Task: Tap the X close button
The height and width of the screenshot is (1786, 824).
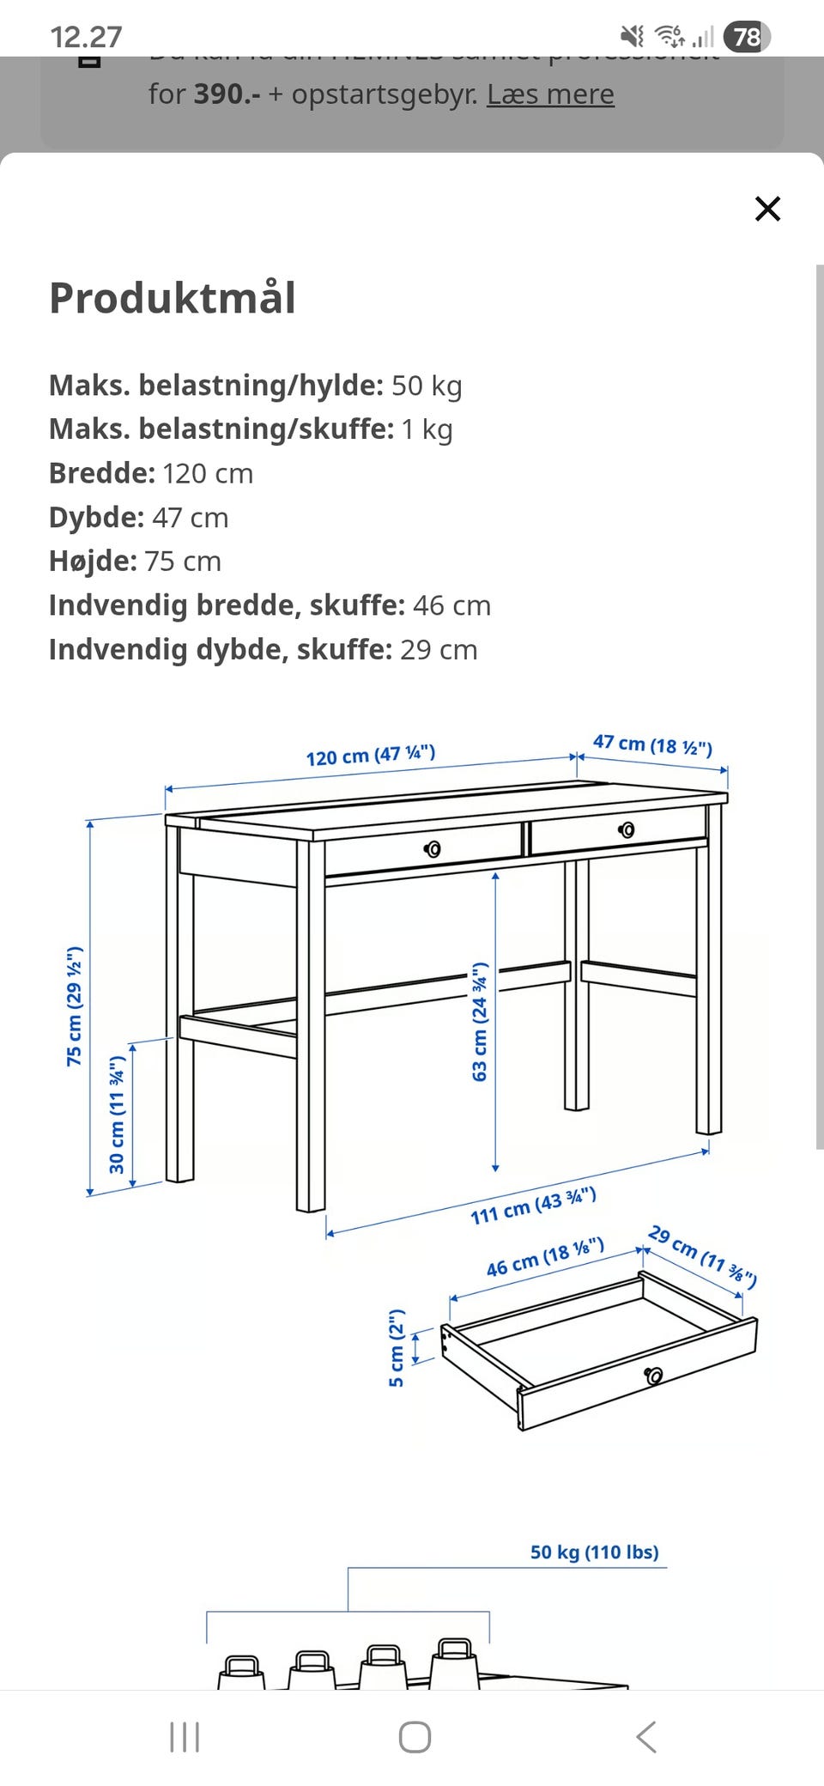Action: pyautogui.click(x=767, y=209)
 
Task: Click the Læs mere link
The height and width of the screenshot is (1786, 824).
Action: pyautogui.click(x=550, y=94)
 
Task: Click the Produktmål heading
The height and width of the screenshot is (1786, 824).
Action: pyautogui.click(x=173, y=298)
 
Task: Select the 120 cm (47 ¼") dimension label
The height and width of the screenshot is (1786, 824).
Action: pyautogui.click(x=371, y=755)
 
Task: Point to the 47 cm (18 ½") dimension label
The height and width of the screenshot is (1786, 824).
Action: pyautogui.click(x=652, y=744)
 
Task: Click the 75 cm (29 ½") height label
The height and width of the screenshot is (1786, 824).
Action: pyautogui.click(x=75, y=1005)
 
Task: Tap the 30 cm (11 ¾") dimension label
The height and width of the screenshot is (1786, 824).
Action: pyautogui.click(x=118, y=1114)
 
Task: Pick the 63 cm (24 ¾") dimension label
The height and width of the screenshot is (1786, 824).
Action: pyautogui.click(x=480, y=1021)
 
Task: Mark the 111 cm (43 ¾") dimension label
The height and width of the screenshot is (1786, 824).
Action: pyautogui.click(x=533, y=1206)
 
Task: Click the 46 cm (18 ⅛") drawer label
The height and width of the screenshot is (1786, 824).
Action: pyautogui.click(x=545, y=1256)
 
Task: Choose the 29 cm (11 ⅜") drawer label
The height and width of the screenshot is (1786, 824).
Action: pyautogui.click(x=702, y=1256)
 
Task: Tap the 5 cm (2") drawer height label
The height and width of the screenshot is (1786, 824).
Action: pyautogui.click(x=396, y=1347)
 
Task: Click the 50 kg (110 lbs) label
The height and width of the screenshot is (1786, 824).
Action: pyautogui.click(x=594, y=1552)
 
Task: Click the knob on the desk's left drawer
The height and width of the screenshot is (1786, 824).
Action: pyautogui.click(x=433, y=849)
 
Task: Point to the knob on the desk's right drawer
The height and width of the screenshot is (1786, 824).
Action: pyautogui.click(x=627, y=829)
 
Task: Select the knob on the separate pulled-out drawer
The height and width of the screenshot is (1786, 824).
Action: pyautogui.click(x=654, y=1376)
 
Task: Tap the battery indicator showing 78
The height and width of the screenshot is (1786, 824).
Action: pyautogui.click(x=747, y=36)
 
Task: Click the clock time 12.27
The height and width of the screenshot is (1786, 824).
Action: pyautogui.click(x=86, y=37)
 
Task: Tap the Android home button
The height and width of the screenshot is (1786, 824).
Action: pyautogui.click(x=415, y=1737)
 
